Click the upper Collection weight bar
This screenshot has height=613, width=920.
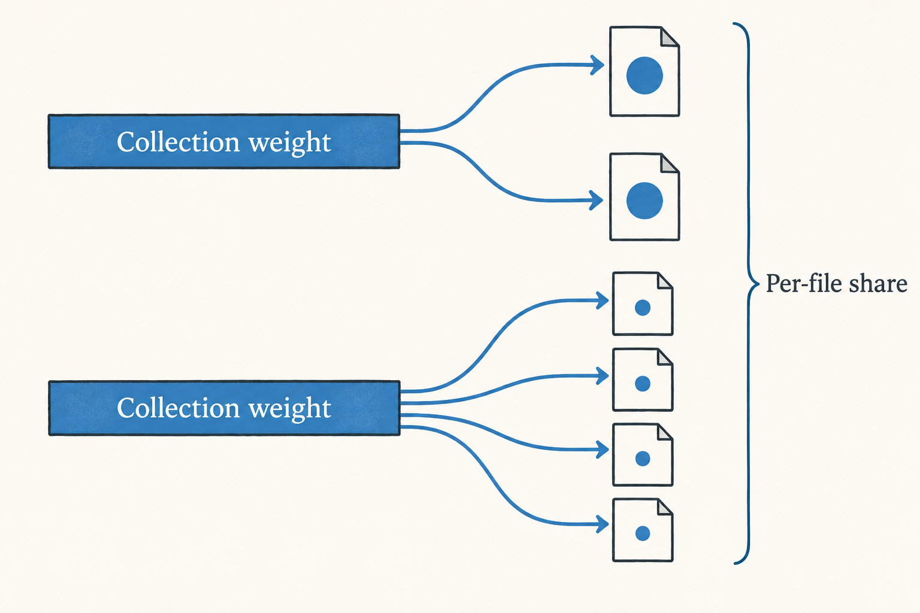click(224, 141)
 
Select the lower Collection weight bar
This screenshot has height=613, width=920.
click(224, 408)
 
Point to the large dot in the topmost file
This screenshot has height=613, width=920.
click(644, 75)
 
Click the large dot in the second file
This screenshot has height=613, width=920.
click(644, 201)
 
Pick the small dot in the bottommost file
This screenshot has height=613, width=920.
click(642, 533)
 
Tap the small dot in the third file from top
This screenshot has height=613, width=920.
click(642, 308)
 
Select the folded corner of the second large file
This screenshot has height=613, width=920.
click(670, 163)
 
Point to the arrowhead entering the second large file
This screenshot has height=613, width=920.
click(597, 201)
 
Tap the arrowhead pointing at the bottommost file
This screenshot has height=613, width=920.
click(603, 524)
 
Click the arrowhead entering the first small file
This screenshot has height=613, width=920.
click(603, 301)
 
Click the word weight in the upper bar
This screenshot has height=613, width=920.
click(290, 143)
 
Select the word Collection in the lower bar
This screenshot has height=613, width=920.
click(178, 408)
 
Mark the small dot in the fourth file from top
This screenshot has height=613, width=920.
click(642, 384)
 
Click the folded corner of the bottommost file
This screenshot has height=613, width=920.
click(665, 506)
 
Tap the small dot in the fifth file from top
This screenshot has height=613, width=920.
click(642, 459)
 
